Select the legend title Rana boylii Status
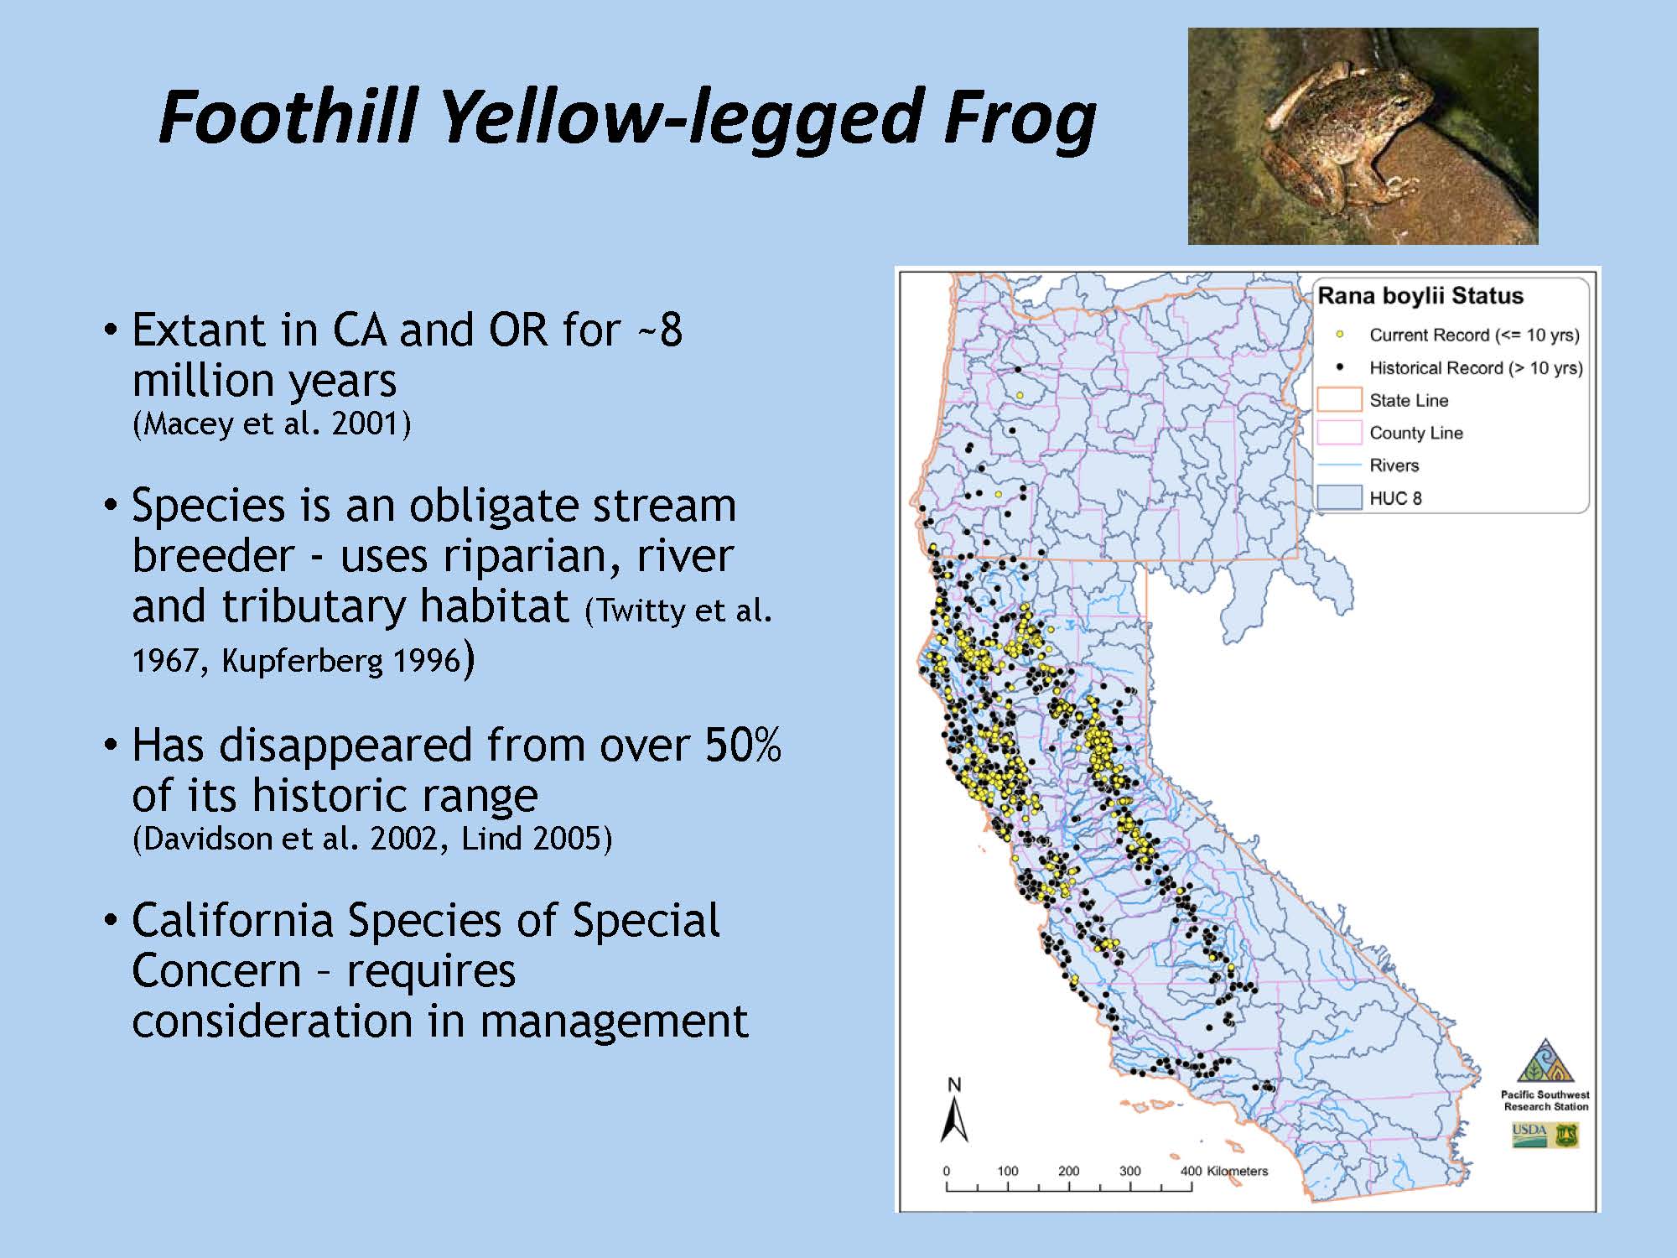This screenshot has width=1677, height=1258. pyautogui.click(x=1420, y=296)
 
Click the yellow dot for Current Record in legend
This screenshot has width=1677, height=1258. pyautogui.click(x=1340, y=335)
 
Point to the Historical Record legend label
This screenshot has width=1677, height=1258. pyautogui.click(x=1476, y=367)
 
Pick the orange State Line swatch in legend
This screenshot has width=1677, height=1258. pyautogui.click(x=1339, y=400)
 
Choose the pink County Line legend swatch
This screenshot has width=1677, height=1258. pyautogui.click(x=1339, y=433)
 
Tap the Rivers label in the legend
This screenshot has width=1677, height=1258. pyautogui.click(x=1394, y=465)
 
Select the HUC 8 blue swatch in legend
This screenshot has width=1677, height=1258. pyautogui.click(x=1339, y=498)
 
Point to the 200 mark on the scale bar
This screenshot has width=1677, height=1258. pyautogui.click(x=1068, y=1171)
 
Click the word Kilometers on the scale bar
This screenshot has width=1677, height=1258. pyautogui.click(x=1237, y=1171)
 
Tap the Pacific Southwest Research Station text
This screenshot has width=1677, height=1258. pyautogui.click(x=1545, y=1100)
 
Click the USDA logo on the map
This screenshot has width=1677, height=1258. pyautogui.click(x=1529, y=1136)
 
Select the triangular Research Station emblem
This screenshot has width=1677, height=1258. pyautogui.click(x=1545, y=1062)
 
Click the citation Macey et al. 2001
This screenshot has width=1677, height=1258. pyautogui.click(x=272, y=423)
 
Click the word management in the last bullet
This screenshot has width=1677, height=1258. pyautogui.click(x=615, y=1021)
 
